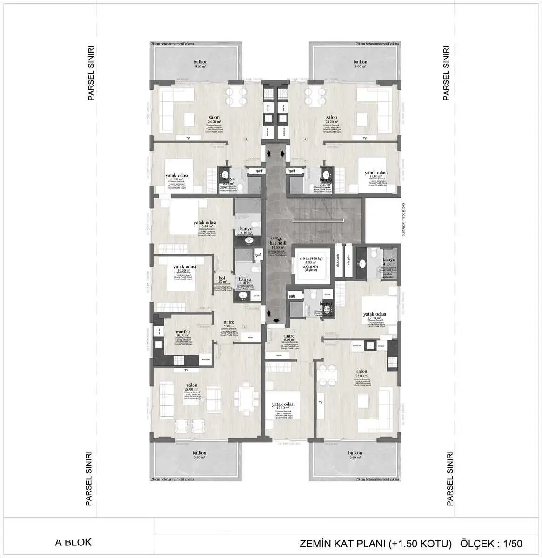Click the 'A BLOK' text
73,542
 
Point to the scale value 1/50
512,544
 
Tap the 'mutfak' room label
182,332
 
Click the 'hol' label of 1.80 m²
221,279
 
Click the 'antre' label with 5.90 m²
228,322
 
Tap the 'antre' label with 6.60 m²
289,336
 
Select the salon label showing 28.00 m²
192,385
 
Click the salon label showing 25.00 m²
361,372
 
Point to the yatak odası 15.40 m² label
205,223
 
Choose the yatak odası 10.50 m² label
184,267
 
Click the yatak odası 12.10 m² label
283,405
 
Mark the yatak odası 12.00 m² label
375,314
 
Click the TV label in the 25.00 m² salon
321,402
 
